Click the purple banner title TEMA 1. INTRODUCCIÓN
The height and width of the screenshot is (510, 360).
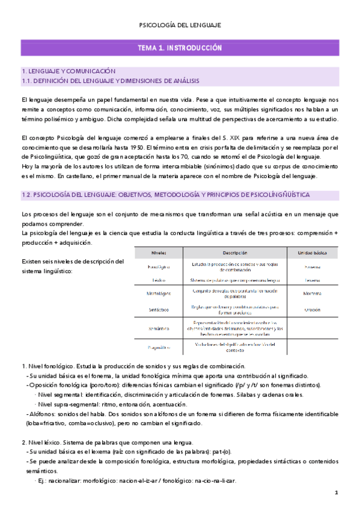[180, 48]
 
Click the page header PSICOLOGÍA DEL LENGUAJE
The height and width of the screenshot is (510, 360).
[180, 25]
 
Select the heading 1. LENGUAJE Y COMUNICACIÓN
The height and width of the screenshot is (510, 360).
[68, 71]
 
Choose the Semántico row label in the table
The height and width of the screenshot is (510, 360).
[159, 328]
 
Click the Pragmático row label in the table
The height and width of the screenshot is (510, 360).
[159, 348]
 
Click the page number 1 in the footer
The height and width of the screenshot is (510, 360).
[337, 493]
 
